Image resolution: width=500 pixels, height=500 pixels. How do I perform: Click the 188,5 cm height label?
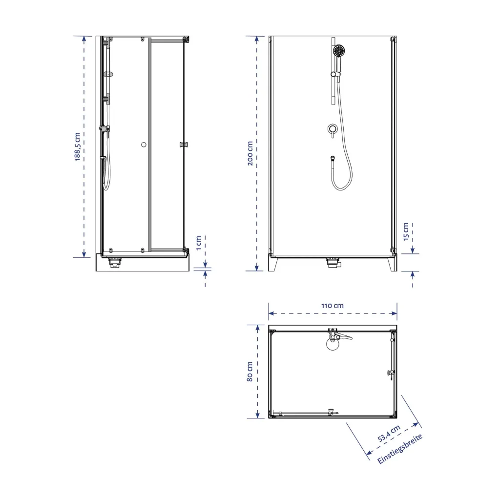[78, 146]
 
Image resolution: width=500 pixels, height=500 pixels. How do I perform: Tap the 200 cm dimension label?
[250, 153]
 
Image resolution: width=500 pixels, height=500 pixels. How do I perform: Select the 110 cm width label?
[332, 306]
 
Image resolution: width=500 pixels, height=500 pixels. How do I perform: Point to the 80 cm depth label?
[250, 372]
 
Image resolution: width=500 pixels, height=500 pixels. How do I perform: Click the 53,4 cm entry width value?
[389, 434]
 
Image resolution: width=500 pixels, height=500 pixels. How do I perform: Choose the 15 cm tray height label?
[406, 231]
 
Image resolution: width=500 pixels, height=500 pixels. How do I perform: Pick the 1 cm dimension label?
[199, 243]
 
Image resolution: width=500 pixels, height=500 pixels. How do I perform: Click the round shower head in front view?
[339, 51]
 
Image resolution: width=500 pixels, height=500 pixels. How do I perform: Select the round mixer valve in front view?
[333, 129]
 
